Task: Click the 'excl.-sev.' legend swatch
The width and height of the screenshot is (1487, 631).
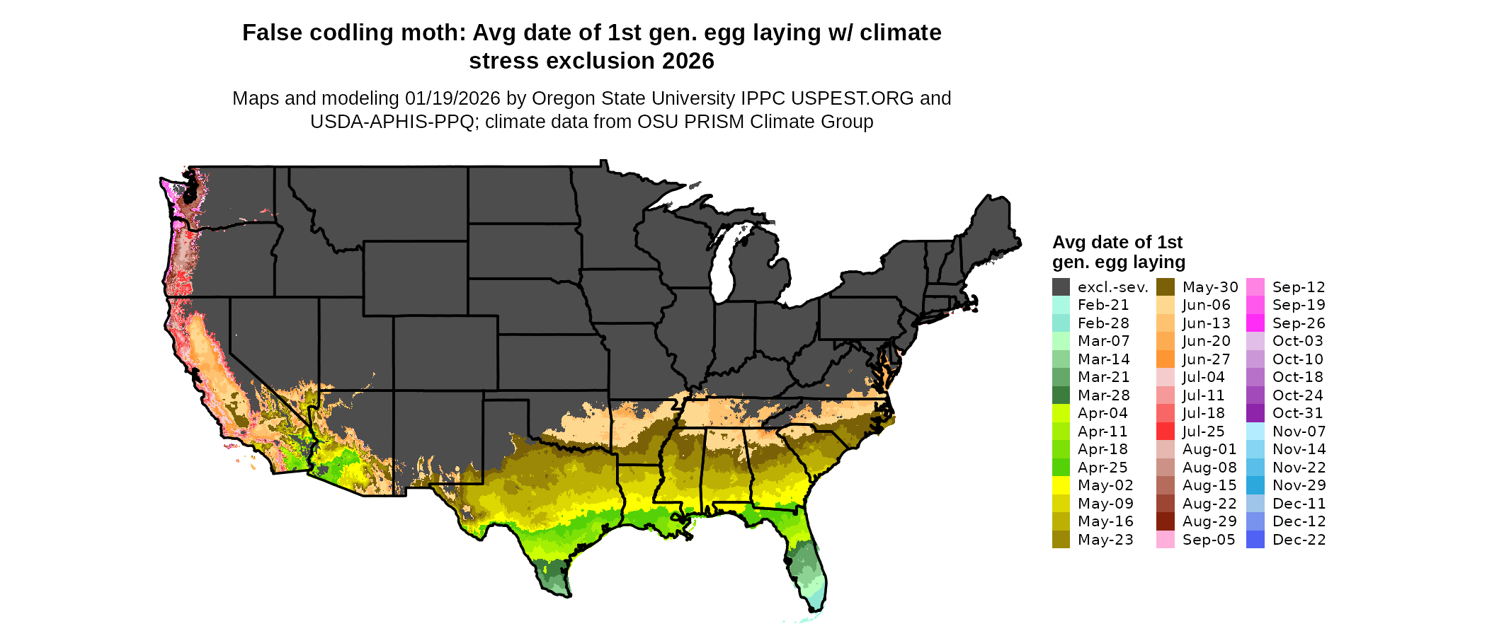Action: point(1061,287)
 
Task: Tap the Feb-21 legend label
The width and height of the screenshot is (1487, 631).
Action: point(1103,305)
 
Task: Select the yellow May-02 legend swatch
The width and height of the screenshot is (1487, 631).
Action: point(1061,485)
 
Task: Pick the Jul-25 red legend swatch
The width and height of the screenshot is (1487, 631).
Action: point(1166,432)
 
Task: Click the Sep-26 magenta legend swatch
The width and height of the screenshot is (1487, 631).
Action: point(1255,323)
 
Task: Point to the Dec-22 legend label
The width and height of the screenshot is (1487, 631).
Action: point(1299,540)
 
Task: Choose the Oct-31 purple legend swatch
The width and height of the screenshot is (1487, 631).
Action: point(1255,413)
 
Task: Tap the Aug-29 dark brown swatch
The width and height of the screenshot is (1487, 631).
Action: point(1166,521)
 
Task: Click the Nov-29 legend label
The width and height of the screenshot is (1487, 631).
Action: point(1299,485)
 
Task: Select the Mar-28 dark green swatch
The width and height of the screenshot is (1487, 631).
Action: point(1061,395)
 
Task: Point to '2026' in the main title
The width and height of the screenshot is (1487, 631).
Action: point(688,62)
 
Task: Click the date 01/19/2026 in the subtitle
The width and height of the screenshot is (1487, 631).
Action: point(452,98)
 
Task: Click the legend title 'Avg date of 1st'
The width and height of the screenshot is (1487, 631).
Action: point(1117,243)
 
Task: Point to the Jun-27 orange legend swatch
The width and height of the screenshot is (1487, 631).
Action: point(1166,359)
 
